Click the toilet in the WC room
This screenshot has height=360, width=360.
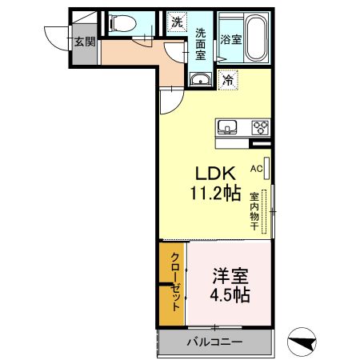point(122,23)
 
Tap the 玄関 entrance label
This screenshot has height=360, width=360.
point(85,42)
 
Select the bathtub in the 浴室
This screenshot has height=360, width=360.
point(256,37)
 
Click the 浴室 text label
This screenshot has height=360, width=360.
point(231,40)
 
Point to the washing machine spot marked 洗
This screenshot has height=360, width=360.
point(177,22)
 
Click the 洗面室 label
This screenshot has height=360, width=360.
point(201,44)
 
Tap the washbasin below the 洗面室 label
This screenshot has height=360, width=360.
point(201,79)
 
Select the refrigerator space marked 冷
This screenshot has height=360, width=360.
point(228,79)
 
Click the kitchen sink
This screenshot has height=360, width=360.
point(227,126)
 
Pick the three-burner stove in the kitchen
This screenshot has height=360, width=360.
point(261,127)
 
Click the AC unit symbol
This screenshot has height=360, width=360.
point(266,168)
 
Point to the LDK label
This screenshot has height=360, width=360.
point(216,174)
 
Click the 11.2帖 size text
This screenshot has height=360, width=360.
point(215,193)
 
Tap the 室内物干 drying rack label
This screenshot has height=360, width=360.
point(254,211)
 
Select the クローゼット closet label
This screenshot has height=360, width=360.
point(175,282)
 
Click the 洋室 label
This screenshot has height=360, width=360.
point(230,276)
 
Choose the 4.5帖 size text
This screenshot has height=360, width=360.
point(230,295)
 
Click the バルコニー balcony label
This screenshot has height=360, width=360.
point(214,342)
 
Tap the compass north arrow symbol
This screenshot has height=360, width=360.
point(302,342)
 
